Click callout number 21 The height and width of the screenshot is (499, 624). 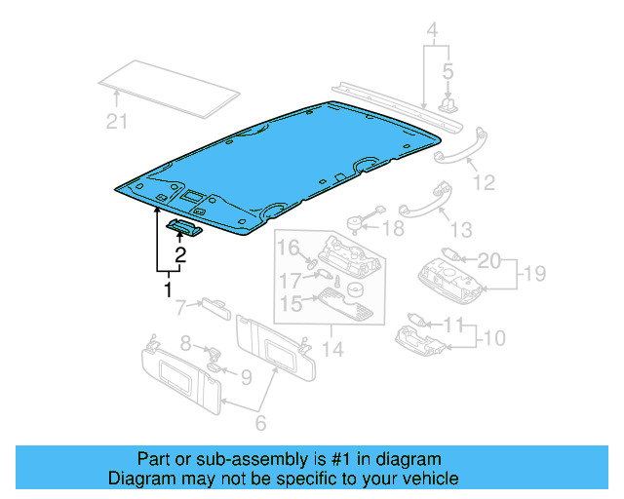point(117,122)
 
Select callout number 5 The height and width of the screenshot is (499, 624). point(448,71)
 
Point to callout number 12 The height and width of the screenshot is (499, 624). point(484,182)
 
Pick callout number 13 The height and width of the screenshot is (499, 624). point(460,230)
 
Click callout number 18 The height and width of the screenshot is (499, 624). point(392,229)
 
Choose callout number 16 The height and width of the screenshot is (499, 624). point(289,249)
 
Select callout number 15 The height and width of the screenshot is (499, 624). point(290,304)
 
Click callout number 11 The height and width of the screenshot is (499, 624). point(453,324)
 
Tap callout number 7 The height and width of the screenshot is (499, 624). point(180,309)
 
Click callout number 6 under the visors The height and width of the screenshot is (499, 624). point(259,423)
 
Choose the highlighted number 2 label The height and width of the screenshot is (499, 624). point(179,256)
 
